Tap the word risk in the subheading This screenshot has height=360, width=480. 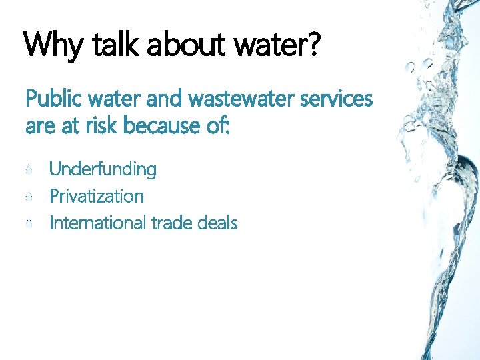click(x=101, y=125)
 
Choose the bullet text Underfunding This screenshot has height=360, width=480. click(x=103, y=170)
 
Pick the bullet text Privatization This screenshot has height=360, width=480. click(x=97, y=197)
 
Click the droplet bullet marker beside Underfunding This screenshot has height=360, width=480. click(x=29, y=171)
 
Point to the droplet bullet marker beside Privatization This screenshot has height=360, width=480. click(x=29, y=197)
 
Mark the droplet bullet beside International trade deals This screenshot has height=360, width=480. click(x=29, y=224)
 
